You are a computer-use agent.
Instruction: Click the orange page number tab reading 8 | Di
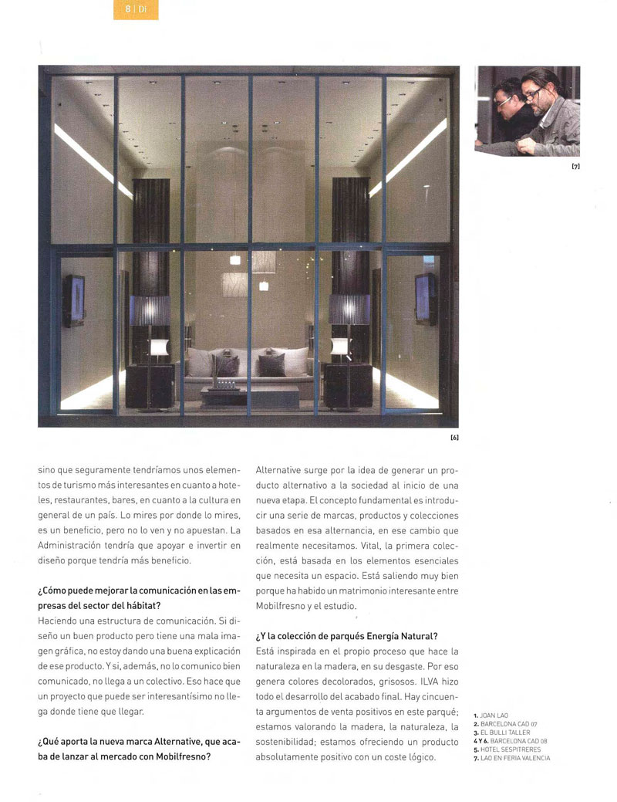(x=136, y=9)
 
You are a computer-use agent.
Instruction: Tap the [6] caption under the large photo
(x=453, y=438)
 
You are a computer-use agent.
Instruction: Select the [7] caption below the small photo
(x=575, y=165)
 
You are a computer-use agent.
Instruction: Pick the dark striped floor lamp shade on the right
(x=349, y=309)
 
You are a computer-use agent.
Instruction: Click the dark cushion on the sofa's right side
(x=271, y=364)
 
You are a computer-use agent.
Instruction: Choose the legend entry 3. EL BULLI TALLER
(x=502, y=732)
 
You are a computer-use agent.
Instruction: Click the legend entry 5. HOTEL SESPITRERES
(x=507, y=749)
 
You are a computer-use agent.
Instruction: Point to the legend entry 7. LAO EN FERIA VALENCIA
(x=511, y=757)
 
